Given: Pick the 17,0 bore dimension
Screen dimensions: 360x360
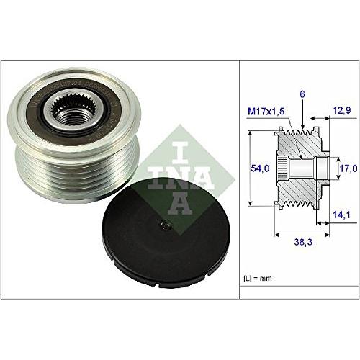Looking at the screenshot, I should click(348, 167).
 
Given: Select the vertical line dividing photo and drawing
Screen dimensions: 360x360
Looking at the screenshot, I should click(240, 180).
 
